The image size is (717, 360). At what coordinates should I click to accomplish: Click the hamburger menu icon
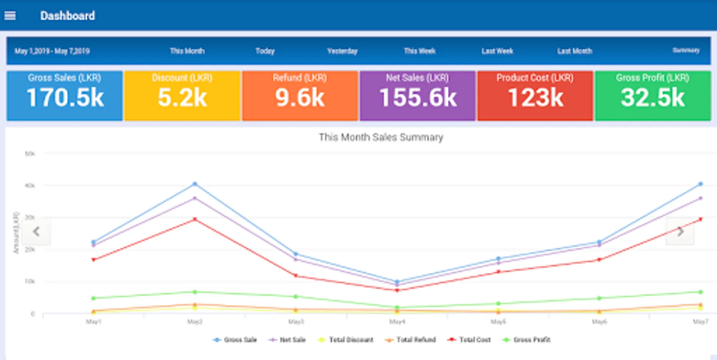point(10,16)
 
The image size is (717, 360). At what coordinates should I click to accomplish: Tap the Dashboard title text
point(67,16)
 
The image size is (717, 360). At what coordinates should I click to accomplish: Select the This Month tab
point(187,51)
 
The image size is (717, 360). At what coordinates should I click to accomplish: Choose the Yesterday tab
point(342,51)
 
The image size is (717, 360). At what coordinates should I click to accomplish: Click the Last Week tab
point(497,51)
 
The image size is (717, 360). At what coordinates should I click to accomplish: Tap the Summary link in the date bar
point(686,50)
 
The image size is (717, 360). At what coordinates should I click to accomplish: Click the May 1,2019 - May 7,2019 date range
point(52,51)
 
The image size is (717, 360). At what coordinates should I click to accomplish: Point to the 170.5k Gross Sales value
point(65,98)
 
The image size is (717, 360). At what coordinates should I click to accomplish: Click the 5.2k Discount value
point(182,98)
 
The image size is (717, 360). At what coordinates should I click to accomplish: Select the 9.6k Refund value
point(300,98)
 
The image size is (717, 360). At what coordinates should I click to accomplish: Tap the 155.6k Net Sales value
point(418,98)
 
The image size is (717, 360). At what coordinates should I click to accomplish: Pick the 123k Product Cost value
point(535,98)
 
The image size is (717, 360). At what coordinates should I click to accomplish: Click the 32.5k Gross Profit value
point(653,98)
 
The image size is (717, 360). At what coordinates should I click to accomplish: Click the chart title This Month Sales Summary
point(381,137)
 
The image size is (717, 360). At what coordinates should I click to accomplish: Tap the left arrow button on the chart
point(36,231)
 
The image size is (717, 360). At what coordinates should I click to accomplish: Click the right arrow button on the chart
point(680,231)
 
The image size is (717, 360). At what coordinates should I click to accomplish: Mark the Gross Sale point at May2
point(195,184)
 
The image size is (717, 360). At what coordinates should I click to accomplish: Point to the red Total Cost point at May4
point(397,290)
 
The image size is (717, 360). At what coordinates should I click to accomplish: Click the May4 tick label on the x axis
point(397,322)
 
